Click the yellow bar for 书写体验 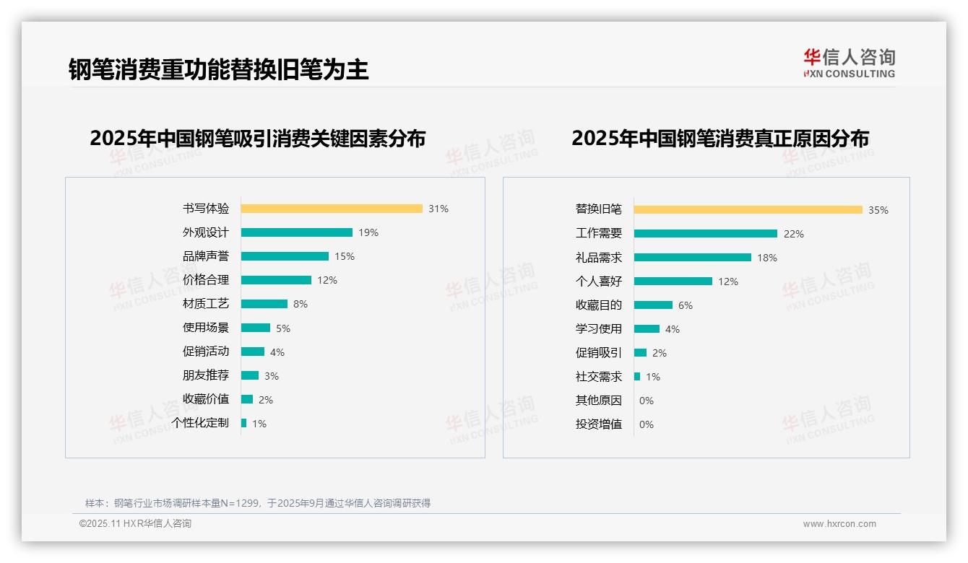[332, 209]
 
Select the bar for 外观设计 [297, 232]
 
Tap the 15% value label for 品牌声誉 [345, 256]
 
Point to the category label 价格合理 [206, 280]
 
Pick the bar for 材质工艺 [264, 304]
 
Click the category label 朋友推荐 [206, 375]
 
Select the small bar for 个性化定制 [244, 423]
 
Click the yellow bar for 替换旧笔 [748, 210]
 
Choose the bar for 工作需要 [706, 234]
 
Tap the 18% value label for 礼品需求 [767, 258]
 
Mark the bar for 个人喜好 [673, 281]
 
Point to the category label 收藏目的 [599, 305]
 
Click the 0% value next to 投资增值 [647, 424]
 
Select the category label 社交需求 [599, 377]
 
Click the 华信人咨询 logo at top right [850, 64]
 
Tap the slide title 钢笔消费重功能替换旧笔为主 [219, 69]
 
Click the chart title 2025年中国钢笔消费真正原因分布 [720, 138]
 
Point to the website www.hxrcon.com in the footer [839, 524]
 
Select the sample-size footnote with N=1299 [258, 503]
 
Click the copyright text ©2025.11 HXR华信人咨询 [135, 524]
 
